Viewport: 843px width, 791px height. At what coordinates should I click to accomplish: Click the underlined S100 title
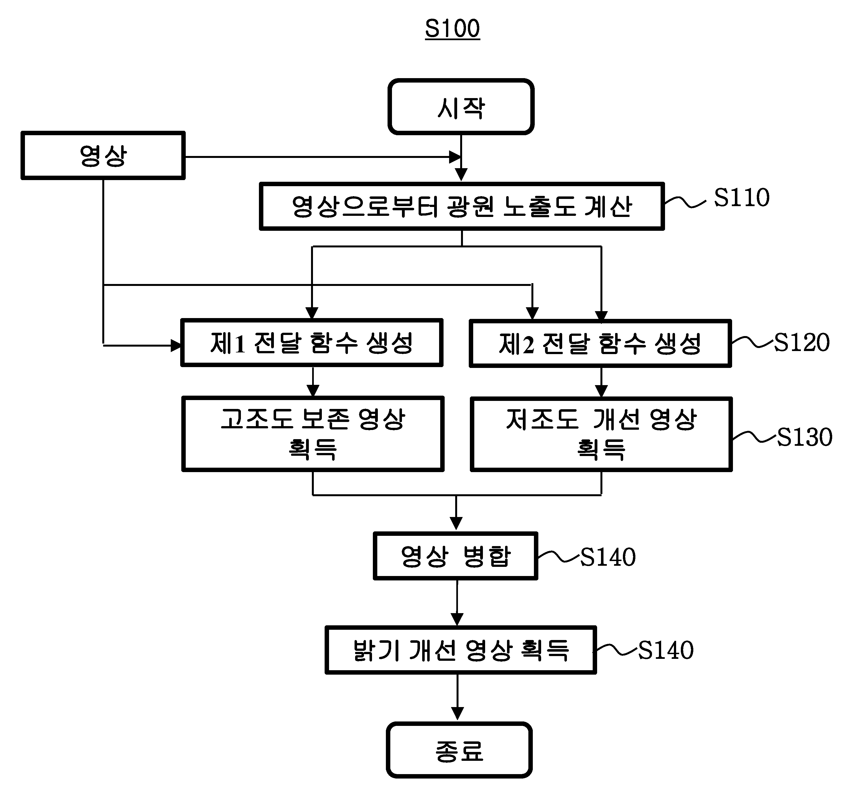tap(452, 29)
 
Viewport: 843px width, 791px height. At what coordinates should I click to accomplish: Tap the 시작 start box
tap(461, 106)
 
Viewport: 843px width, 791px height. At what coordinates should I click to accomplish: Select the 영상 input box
tap(103, 156)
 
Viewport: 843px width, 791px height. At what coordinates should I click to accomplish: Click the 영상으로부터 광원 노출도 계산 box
tap(462, 206)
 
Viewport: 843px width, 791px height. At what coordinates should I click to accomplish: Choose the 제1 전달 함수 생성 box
tap(312, 342)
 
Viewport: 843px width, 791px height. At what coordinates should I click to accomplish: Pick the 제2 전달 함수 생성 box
tap(600, 343)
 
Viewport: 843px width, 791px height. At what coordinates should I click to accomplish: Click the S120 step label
tap(801, 342)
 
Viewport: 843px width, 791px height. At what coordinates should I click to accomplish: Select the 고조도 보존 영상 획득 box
tap(313, 434)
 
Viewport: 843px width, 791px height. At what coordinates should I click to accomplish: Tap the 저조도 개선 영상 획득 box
tap(601, 434)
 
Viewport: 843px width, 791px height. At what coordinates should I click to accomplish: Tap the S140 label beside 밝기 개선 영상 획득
tap(666, 650)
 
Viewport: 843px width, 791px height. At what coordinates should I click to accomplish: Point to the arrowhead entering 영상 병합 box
tap(456, 524)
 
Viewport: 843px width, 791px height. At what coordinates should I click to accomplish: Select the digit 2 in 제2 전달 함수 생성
tap(528, 344)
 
